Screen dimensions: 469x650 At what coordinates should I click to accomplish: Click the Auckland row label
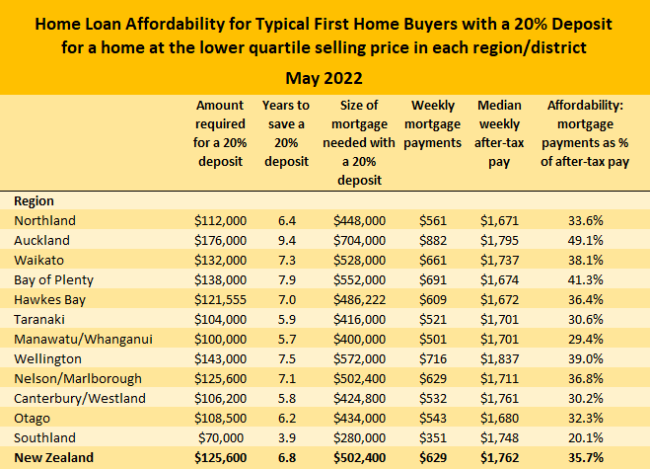(42, 240)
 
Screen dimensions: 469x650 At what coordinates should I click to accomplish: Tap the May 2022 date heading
(325, 77)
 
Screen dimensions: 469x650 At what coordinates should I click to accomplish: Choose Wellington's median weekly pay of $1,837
(499, 358)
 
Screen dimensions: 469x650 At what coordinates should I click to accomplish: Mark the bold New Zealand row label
(54, 458)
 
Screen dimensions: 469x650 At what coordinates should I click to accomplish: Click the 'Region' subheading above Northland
(35, 199)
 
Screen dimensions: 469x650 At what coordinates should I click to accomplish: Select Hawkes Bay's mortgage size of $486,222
(360, 299)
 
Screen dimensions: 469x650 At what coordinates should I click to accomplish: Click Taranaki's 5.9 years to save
(286, 319)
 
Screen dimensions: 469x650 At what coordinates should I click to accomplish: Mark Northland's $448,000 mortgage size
(360, 220)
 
